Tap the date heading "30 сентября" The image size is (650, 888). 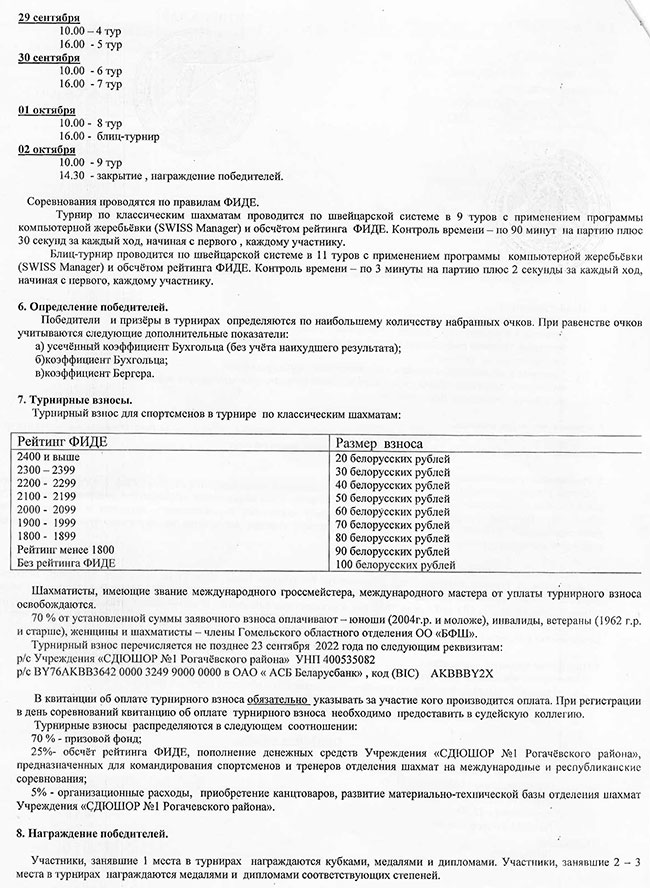pyautogui.click(x=49, y=58)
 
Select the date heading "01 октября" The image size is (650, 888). pyautogui.click(x=47, y=109)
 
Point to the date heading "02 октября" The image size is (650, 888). pyautogui.click(x=47, y=149)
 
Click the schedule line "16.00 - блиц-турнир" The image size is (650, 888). pyautogui.click(x=109, y=135)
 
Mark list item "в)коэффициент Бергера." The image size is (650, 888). pyautogui.click(x=95, y=374)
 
